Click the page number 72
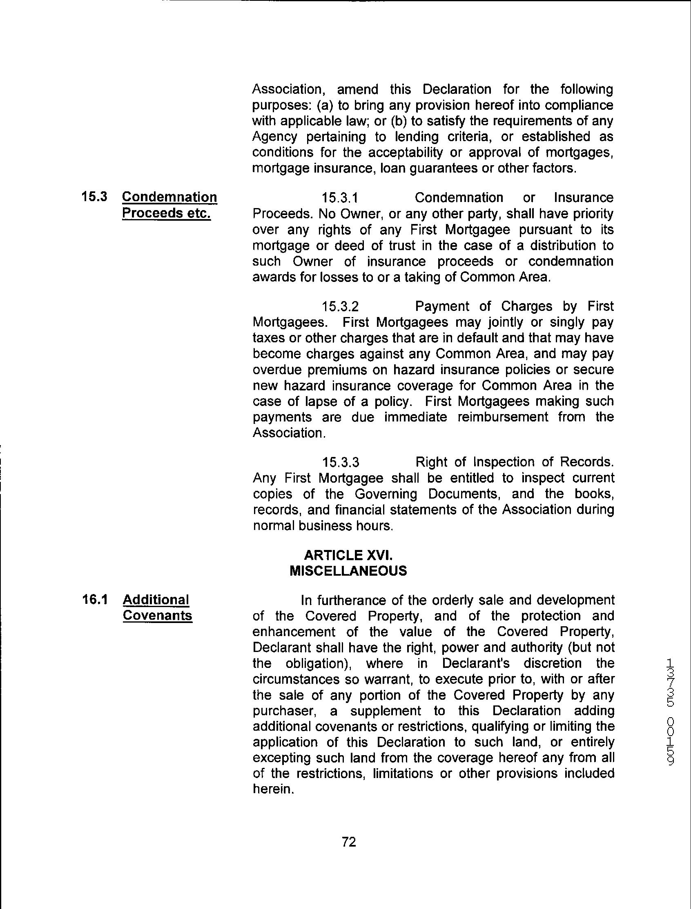(348, 842)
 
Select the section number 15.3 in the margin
(94, 197)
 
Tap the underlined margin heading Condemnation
(169, 197)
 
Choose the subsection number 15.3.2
(340, 306)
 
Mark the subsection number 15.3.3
(341, 462)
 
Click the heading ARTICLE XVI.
(348, 555)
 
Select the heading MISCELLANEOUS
(348, 571)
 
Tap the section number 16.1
(95, 600)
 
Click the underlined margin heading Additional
(156, 600)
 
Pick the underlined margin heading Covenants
(158, 615)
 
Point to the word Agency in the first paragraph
(274, 137)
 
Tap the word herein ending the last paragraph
(272, 789)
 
